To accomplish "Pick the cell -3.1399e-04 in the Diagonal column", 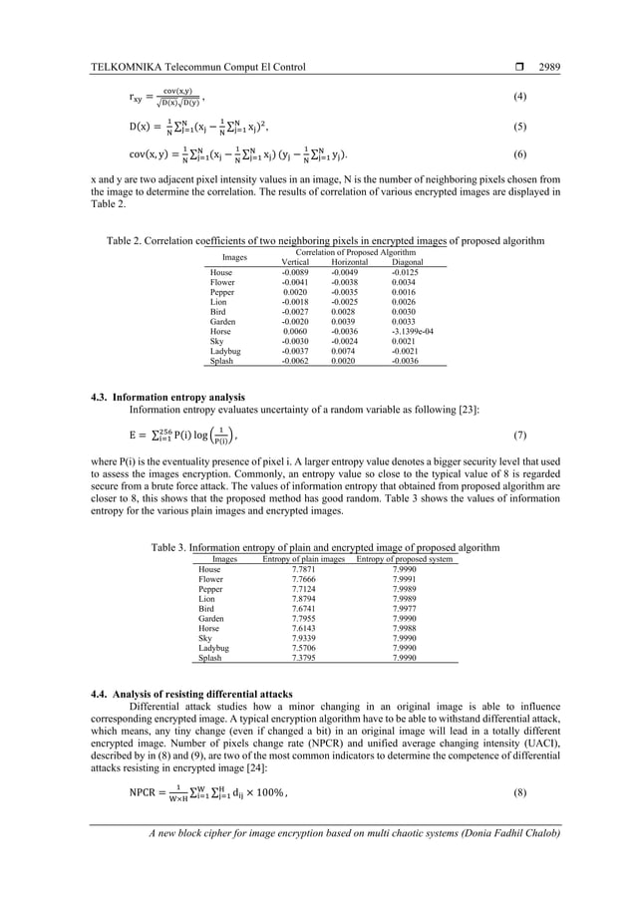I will point(413,332).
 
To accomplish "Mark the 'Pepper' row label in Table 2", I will point(222,292).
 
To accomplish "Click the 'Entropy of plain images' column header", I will point(303,559).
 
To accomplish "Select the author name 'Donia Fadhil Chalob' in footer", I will point(510,833).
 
